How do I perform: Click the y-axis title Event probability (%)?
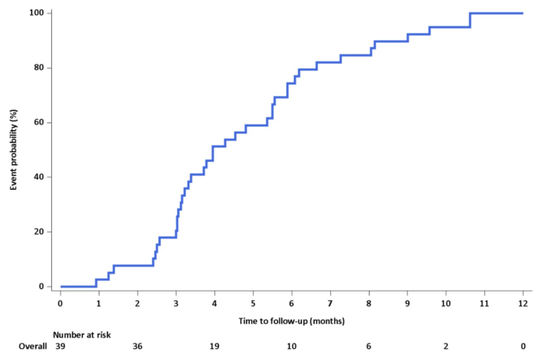point(13,150)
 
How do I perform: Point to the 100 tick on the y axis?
point(37,13)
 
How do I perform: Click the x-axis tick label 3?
point(176,302)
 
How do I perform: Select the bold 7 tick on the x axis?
point(330,302)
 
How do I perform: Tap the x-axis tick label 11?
point(484,302)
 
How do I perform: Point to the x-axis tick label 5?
point(253,302)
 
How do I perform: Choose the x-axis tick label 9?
point(408,302)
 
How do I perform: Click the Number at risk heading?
point(82,335)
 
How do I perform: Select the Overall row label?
point(33,347)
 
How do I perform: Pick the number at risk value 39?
point(61,347)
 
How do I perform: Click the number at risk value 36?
point(137,347)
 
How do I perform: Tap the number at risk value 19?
point(214,347)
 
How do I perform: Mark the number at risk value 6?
point(369,347)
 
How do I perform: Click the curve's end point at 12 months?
point(523,13)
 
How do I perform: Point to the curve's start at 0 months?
point(61,286)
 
